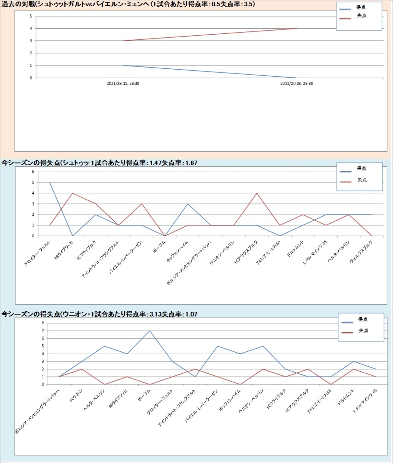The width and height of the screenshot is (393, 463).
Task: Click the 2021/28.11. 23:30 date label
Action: click(123, 83)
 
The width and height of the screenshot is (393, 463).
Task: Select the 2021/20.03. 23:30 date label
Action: click(296, 83)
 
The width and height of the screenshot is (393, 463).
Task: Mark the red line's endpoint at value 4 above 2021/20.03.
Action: click(296, 28)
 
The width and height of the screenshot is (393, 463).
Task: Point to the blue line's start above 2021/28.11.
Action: click(123, 65)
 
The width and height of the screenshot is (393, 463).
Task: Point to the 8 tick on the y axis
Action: click(44, 323)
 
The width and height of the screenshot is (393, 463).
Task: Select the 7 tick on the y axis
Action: click(44, 331)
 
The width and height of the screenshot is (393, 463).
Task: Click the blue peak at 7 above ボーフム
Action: click(149, 331)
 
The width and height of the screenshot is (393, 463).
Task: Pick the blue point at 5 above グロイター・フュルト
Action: click(50, 182)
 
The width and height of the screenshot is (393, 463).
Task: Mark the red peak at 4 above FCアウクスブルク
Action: click(257, 193)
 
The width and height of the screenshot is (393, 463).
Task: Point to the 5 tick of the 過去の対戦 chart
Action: click(31, 16)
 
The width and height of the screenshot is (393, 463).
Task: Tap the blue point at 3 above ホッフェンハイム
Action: click(188, 204)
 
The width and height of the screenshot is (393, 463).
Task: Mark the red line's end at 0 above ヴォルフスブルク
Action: click(372, 236)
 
